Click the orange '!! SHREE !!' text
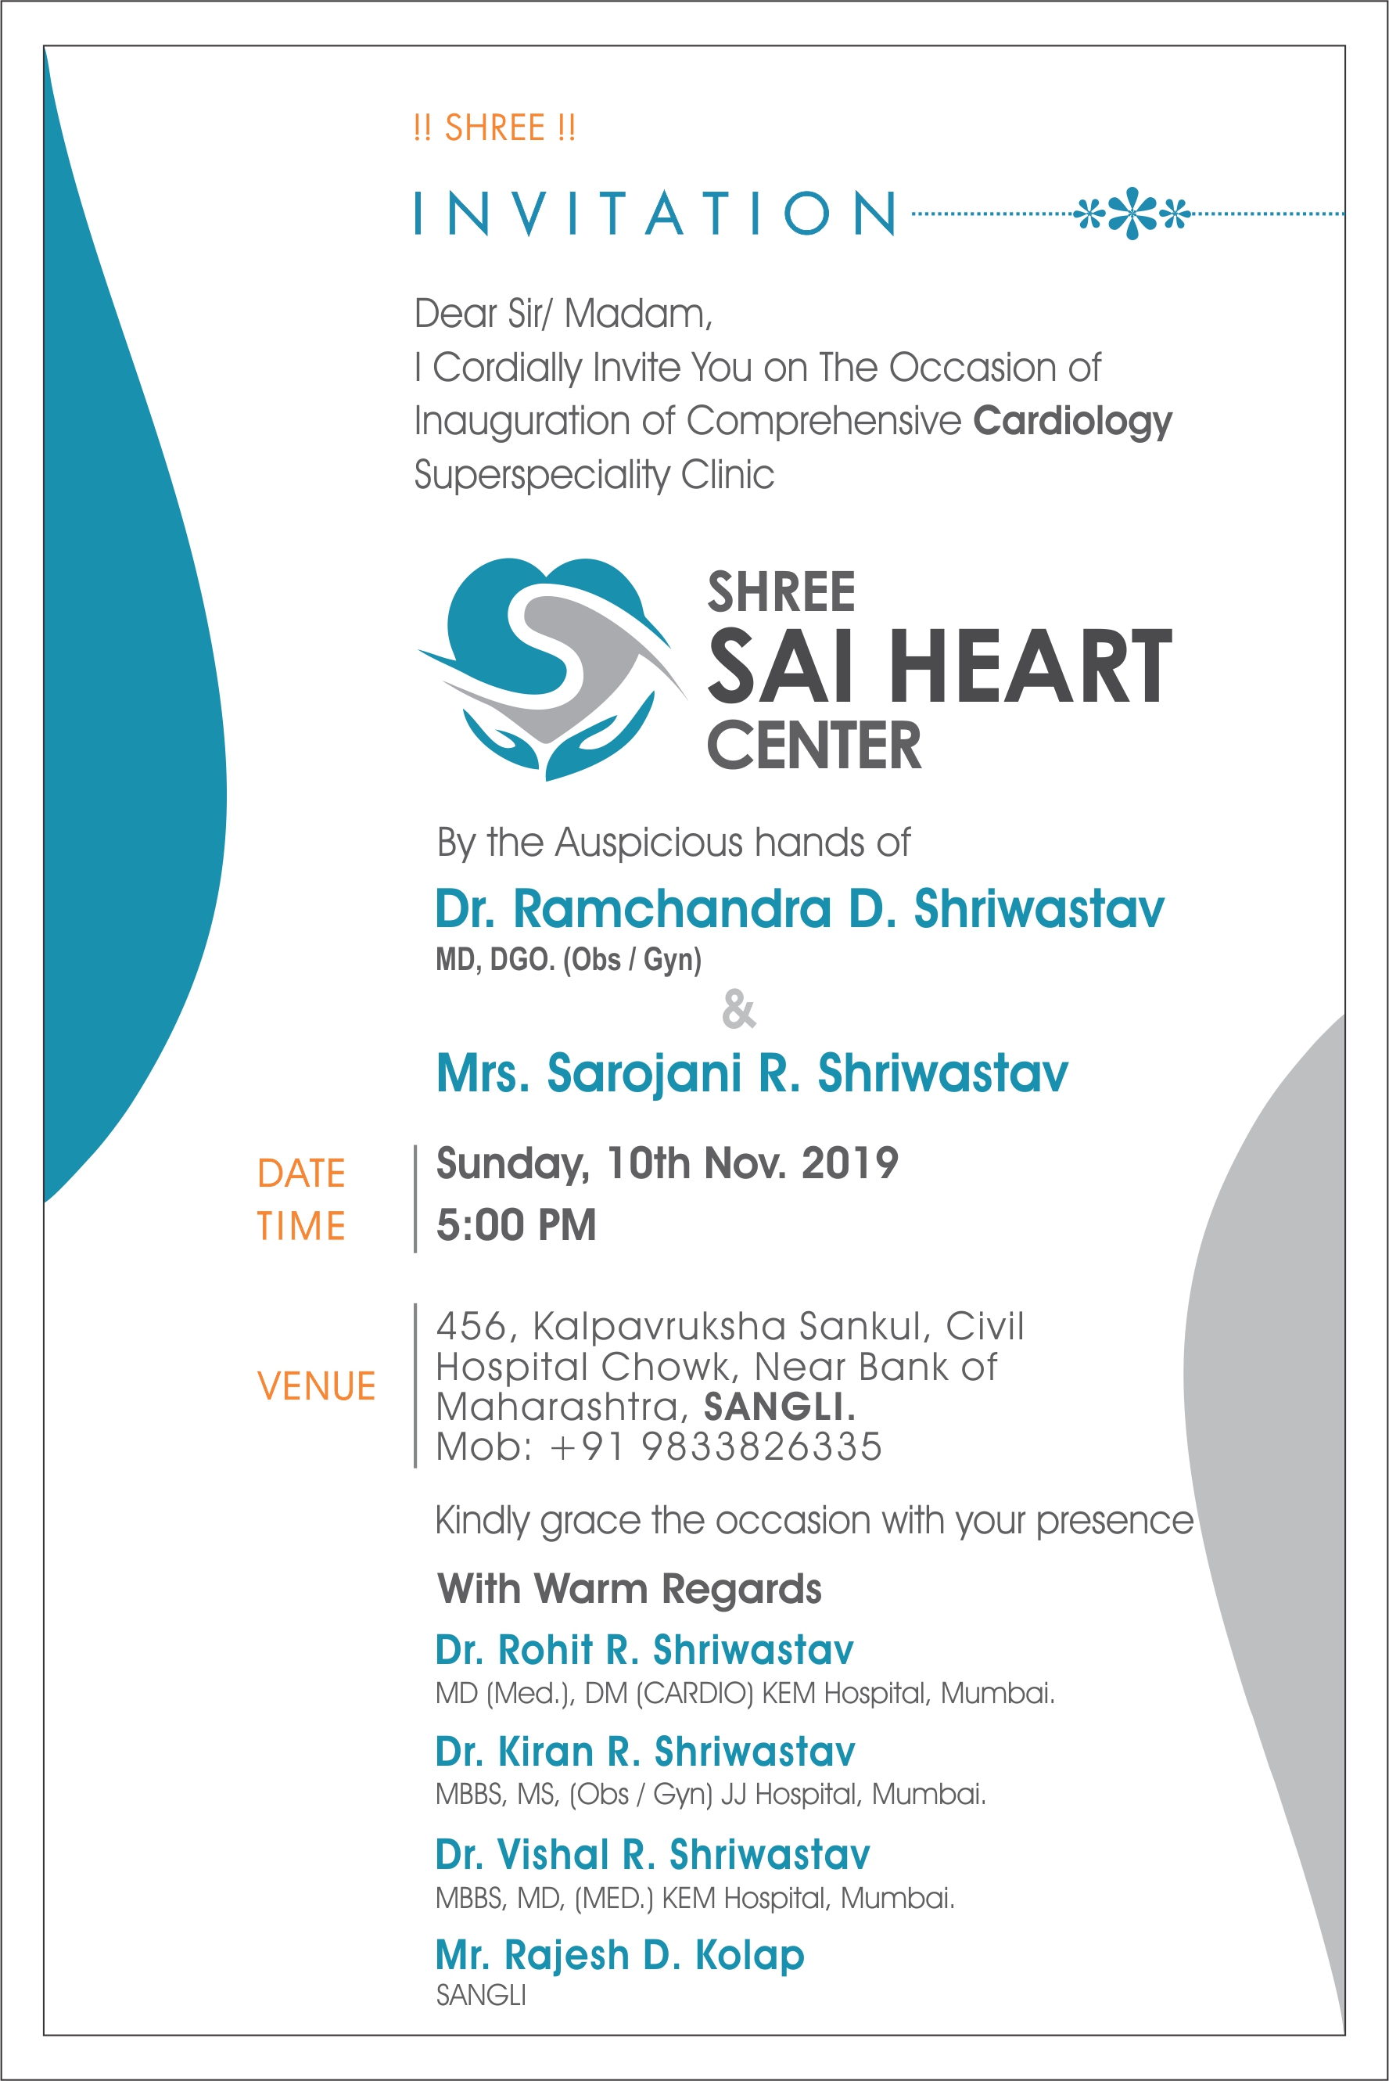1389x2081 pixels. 494,128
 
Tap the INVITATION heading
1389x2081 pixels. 655,214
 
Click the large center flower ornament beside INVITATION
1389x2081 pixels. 1132,214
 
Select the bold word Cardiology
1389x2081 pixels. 1072,421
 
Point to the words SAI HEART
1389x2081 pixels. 939,667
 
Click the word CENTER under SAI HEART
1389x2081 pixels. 814,745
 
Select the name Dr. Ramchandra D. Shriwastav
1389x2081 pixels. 799,909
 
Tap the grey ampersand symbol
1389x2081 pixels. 739,1009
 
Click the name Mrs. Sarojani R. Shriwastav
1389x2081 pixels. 752,1073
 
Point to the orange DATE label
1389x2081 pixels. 301,1173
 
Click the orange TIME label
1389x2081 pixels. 301,1226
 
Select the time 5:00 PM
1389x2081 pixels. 515,1225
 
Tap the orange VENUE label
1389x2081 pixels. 316,1386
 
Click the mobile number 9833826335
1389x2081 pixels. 762,1447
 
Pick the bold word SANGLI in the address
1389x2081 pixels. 777,1407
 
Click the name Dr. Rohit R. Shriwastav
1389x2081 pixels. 644,1650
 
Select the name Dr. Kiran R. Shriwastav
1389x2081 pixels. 645,1752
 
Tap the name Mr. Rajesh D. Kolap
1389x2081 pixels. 619,1955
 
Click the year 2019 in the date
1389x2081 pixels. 849,1163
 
